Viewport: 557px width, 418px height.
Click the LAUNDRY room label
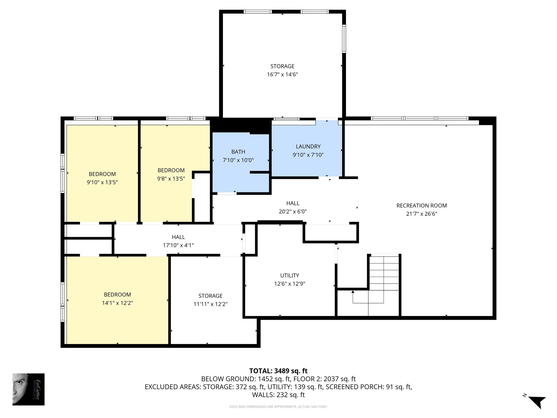308,146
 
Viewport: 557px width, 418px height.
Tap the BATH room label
238,152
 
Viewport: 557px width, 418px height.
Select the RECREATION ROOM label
422,206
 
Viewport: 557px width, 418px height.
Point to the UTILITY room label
290,275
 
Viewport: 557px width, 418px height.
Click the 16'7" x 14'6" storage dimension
282,74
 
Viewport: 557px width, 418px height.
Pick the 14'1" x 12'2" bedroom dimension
117,303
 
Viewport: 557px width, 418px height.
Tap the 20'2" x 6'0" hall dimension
293,211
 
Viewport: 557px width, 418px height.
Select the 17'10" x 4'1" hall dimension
178,245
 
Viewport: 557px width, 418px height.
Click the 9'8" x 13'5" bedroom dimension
171,179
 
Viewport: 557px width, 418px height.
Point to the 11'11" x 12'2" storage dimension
211,304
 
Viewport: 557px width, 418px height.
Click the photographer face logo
29,389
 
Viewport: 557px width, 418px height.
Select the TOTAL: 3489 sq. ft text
278,371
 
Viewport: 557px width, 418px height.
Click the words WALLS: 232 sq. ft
278,395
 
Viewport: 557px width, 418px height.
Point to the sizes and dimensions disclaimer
278,407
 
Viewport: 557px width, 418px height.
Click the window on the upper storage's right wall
344,39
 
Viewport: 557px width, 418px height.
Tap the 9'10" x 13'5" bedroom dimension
102,182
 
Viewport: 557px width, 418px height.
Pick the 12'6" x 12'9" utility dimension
290,284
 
